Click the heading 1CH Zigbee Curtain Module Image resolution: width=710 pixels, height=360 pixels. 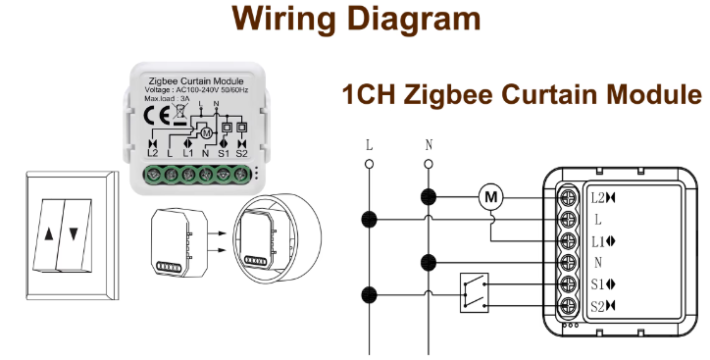(522, 95)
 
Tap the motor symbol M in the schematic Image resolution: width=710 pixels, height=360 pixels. (490, 198)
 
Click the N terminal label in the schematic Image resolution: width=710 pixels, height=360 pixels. (598, 263)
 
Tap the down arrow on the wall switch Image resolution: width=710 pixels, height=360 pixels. (75, 235)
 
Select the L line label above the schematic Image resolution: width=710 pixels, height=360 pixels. (369, 145)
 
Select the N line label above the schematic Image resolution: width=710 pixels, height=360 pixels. (429, 145)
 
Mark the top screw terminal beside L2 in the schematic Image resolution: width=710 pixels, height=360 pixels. (569, 197)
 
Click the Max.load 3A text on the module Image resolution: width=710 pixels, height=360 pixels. (169, 98)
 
